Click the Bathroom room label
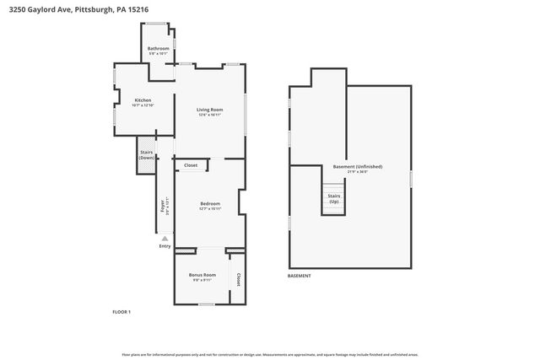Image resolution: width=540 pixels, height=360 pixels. click(158, 49)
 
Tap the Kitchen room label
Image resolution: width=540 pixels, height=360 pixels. click(143, 100)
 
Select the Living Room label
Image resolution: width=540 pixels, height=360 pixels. click(209, 110)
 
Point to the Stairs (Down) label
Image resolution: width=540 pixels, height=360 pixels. click(147, 155)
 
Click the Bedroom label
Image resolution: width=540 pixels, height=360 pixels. click(210, 203)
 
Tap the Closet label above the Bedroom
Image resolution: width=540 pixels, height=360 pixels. click(191, 165)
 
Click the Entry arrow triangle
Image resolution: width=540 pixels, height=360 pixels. click(165, 238)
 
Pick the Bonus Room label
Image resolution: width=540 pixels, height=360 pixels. click(202, 275)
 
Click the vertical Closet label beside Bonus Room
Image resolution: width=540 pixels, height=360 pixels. click(238, 278)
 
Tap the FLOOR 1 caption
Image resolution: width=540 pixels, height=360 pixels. click(121, 312)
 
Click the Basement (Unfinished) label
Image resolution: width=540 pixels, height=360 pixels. click(350, 166)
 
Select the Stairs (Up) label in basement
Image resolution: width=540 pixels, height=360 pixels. click(333, 199)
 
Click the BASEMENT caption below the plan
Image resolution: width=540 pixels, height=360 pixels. click(300, 276)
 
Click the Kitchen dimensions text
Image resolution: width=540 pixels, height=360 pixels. click(143, 105)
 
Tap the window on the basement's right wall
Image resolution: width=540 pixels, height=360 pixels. click(411, 179)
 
